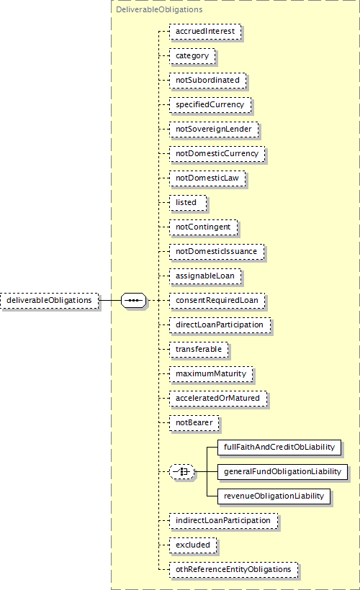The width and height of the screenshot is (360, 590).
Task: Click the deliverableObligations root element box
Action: tap(50, 301)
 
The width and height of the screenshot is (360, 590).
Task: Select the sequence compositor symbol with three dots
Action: tap(134, 300)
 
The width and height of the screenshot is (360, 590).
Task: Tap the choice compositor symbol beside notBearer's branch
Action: tap(182, 471)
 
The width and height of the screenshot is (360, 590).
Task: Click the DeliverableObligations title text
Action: tap(159, 9)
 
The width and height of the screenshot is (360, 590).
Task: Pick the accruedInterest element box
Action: tap(205, 32)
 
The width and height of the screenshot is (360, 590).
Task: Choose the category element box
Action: tap(192, 56)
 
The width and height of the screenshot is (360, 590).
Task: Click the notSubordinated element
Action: tap(207, 81)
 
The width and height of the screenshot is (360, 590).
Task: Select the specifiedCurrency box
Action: tap(210, 105)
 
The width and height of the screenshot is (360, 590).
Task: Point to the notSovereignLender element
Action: tap(214, 130)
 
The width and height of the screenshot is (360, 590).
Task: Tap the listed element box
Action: tap(188, 203)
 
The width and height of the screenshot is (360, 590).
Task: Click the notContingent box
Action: tap(203, 227)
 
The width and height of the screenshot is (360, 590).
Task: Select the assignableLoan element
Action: tap(205, 276)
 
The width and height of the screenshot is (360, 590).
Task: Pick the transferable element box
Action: tap(199, 350)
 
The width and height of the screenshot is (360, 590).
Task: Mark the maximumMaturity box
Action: tap(211, 374)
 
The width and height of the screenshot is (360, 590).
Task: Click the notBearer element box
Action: tap(194, 423)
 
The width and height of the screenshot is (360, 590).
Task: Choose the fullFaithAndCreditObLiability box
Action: tap(279, 448)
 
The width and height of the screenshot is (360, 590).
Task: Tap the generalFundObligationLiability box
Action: tap(282, 472)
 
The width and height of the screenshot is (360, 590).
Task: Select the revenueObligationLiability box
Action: tap(274, 496)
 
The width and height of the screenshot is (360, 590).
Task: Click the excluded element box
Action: tap(193, 545)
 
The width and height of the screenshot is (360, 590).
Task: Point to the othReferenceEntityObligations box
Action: tap(233, 570)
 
